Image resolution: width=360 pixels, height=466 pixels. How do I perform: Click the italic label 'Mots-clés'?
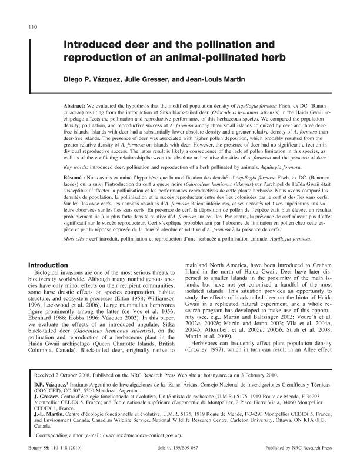tap(76, 239)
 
